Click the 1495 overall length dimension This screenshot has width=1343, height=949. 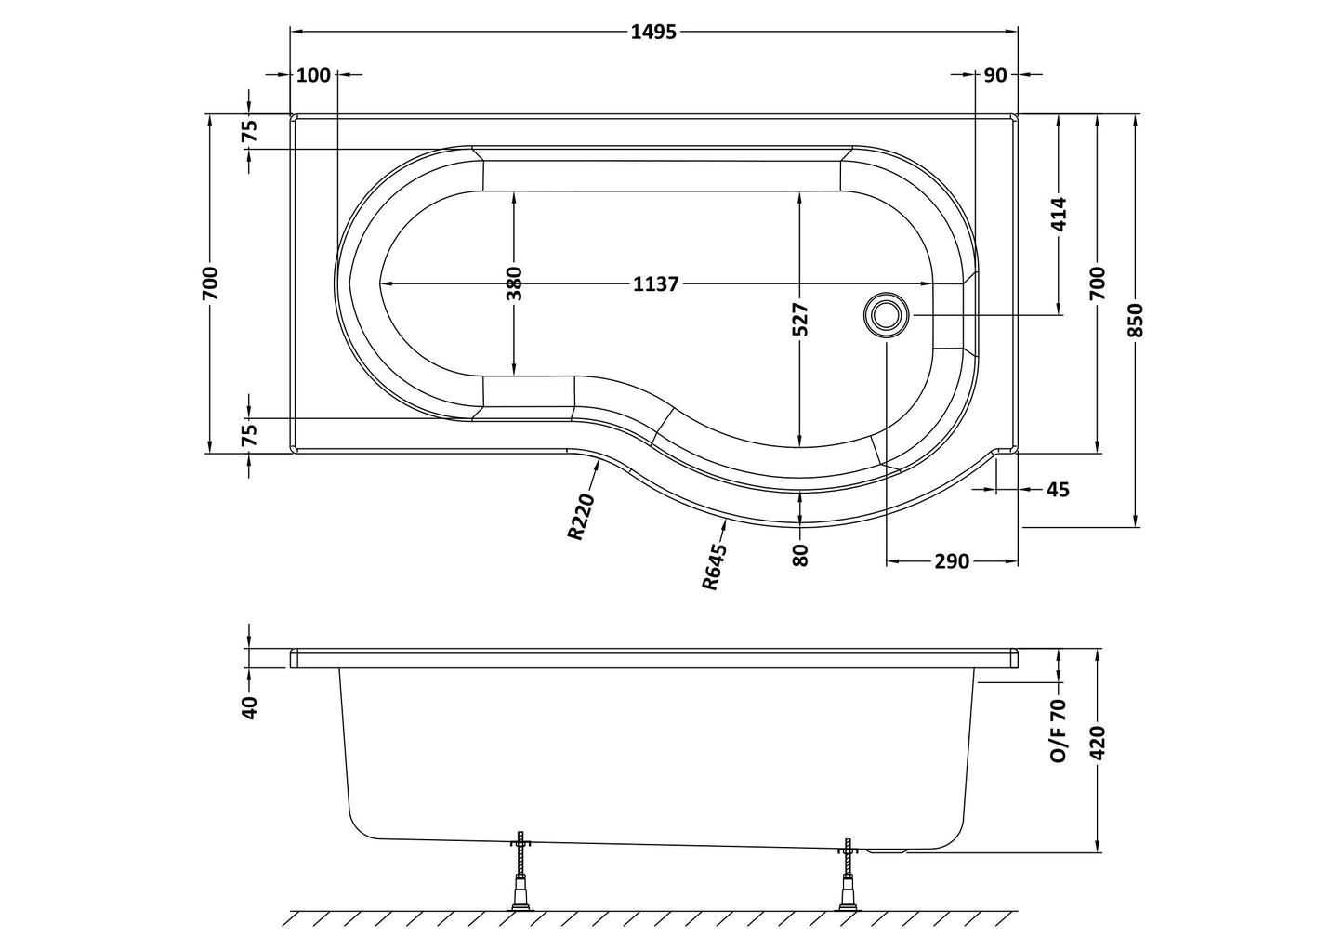654,32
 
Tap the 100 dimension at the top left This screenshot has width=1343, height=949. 313,74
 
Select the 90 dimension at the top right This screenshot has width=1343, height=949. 995,74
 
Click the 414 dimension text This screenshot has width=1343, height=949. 1060,215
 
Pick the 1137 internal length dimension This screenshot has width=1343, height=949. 656,284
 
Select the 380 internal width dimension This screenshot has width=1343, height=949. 514,283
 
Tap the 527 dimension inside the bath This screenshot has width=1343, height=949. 801,319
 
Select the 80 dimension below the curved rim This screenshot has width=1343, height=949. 801,554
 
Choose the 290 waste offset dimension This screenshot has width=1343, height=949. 952,561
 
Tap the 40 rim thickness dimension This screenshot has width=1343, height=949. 249,705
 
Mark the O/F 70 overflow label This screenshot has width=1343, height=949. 1059,732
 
